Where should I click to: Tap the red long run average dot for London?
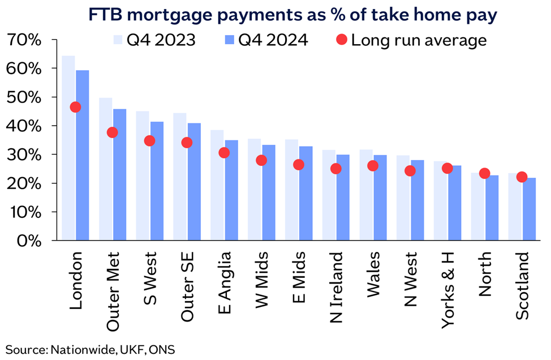[x=75, y=107]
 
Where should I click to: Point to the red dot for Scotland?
[x=522, y=177]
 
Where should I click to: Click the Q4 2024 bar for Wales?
[x=381, y=198]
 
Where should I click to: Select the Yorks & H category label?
[x=447, y=290]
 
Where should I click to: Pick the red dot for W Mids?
[x=261, y=160]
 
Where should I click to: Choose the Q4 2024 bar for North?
[x=493, y=208]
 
